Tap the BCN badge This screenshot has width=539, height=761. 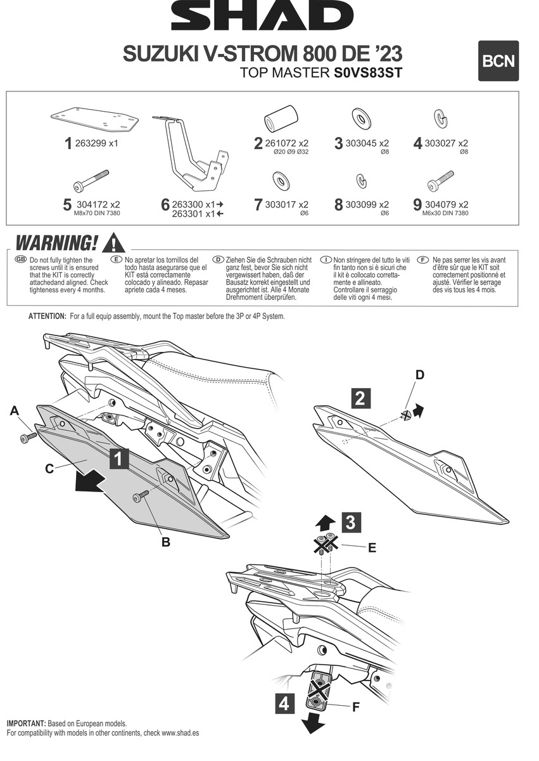(498, 61)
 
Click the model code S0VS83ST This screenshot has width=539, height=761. (367, 73)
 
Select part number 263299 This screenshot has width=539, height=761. (89, 143)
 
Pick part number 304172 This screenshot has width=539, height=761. (91, 205)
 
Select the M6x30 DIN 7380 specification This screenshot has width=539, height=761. (445, 214)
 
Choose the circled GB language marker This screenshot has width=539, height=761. (20, 260)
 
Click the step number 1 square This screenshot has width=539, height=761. (120, 459)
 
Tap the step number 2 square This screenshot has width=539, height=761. (360, 398)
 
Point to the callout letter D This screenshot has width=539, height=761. (419, 375)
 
